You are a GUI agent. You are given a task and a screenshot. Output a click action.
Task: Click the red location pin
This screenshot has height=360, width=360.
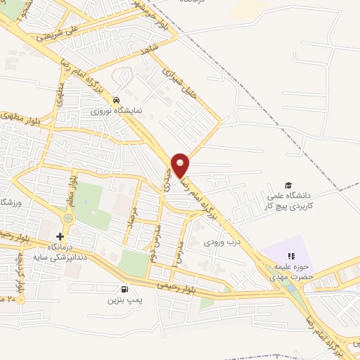180,164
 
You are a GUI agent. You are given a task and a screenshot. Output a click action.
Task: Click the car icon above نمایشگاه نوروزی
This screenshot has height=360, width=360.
124,99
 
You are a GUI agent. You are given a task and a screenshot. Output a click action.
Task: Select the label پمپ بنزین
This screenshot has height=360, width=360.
121,300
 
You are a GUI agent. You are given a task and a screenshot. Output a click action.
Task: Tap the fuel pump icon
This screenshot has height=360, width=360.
125,288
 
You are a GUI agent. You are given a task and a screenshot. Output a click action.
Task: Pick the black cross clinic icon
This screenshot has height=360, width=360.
60,236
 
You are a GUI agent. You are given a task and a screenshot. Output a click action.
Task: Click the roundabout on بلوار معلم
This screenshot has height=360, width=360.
67,218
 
